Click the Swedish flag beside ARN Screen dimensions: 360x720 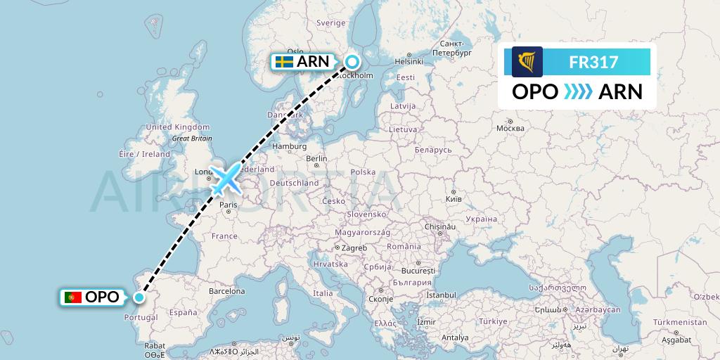[x=284, y=62]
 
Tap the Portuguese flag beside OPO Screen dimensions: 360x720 [x=73, y=297]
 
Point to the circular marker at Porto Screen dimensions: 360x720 [x=139, y=297]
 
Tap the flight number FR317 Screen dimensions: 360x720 [x=593, y=63]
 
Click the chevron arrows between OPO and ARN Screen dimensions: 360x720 [x=577, y=92]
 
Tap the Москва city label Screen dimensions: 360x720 [x=510, y=128]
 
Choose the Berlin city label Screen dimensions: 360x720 [x=316, y=159]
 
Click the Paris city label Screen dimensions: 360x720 [x=228, y=205]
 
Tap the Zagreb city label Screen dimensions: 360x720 [x=355, y=248]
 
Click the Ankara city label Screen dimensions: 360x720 [x=477, y=308]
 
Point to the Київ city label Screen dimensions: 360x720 [x=454, y=200]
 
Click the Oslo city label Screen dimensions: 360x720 [x=295, y=51]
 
